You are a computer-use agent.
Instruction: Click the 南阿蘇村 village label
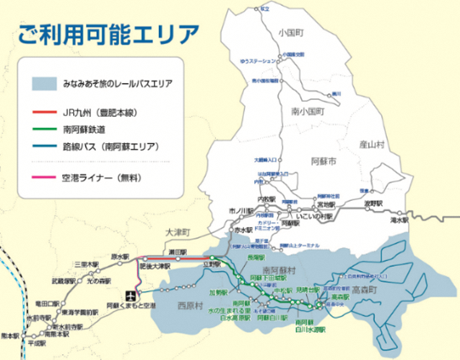click(x=266, y=266)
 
